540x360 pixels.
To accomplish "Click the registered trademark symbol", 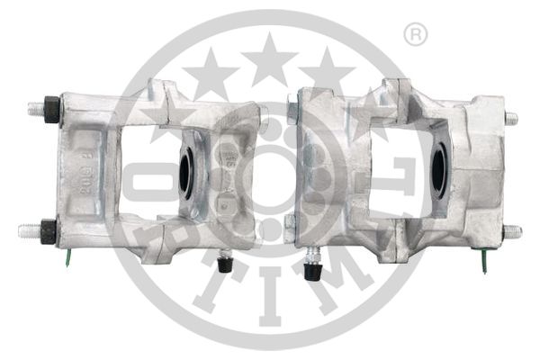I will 415,35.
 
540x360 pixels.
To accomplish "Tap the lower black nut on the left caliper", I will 49,230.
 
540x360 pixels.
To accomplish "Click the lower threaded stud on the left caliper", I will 27,230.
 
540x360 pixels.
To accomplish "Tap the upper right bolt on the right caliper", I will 510,118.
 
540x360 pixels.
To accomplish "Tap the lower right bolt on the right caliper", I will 512,231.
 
